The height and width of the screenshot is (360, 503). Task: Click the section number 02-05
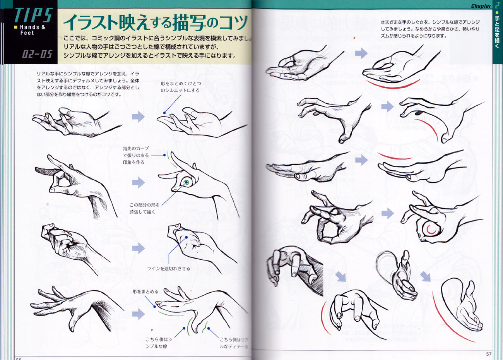pyautogui.click(x=37, y=54)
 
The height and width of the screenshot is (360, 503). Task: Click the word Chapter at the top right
pyautogui.click(x=481, y=6)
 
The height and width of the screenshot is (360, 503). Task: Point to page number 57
pyautogui.click(x=488, y=354)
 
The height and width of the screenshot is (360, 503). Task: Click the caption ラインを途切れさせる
pyautogui.click(x=168, y=268)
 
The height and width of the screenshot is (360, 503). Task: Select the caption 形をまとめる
pyautogui.click(x=145, y=291)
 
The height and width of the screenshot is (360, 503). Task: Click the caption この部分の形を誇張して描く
pyautogui.click(x=144, y=208)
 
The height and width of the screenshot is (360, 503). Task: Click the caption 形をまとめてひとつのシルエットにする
pyautogui.click(x=181, y=87)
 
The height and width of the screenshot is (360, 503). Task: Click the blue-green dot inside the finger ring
pyautogui.click(x=186, y=182)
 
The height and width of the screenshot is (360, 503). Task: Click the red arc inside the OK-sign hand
pyautogui.click(x=431, y=231)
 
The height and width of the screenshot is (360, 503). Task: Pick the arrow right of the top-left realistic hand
pyautogui.click(x=138, y=117)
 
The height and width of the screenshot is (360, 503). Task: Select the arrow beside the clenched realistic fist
pyautogui.click(x=138, y=248)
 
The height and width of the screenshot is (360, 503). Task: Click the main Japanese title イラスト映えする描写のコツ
pyautogui.click(x=155, y=22)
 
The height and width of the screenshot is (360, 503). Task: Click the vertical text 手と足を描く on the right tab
pyautogui.click(x=497, y=29)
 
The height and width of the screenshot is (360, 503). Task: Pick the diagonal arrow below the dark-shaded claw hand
pyautogui.click(x=340, y=276)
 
